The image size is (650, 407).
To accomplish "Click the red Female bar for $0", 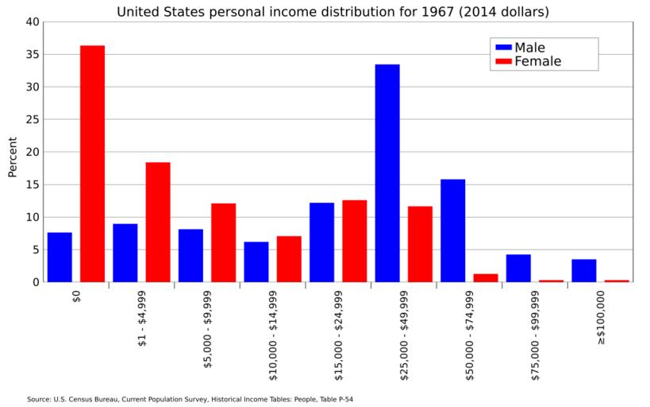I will click(92, 164).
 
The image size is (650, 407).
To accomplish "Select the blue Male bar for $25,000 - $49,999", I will click(387, 173).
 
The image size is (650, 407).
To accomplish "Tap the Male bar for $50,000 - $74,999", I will click(452, 231).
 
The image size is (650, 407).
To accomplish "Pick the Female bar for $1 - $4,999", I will click(158, 222).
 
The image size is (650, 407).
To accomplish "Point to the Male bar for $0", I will click(60, 257).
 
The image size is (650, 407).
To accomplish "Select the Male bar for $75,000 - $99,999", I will click(518, 268).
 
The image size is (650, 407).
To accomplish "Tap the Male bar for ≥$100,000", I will click(583, 270).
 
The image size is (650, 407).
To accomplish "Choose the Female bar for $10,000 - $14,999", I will click(289, 258).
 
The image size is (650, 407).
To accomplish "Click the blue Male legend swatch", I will click(503, 48).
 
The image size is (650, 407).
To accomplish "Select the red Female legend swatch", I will click(503, 61).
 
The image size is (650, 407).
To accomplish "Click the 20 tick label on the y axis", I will click(32, 152).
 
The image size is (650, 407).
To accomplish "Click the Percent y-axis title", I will click(12, 157).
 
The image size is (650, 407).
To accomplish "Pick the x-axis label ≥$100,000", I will click(601, 317).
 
